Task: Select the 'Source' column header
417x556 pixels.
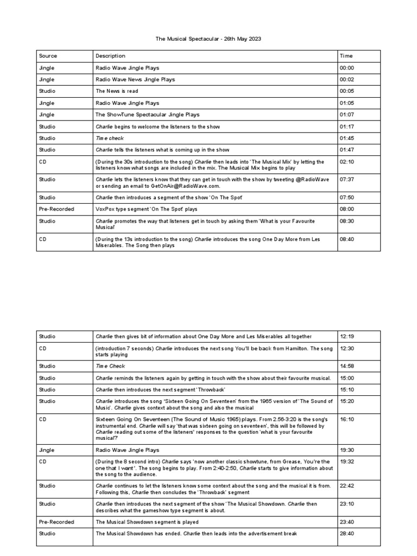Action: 48,56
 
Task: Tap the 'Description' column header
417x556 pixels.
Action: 110,56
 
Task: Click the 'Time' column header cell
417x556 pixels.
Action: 346,56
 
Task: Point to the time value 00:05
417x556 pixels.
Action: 346,91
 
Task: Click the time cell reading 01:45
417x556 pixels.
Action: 346,138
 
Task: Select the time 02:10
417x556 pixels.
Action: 346,162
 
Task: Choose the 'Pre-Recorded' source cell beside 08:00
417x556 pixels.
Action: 56,209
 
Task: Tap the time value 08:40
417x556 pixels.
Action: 346,238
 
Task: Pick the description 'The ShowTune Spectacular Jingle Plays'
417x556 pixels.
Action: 147,115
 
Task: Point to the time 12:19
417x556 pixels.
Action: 346,337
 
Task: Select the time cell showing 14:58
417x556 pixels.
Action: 346,366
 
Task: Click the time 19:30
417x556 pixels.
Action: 346,450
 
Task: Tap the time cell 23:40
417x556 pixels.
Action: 346,522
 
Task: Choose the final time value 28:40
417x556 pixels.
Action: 346,534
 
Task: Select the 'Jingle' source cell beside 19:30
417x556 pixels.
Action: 47,450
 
